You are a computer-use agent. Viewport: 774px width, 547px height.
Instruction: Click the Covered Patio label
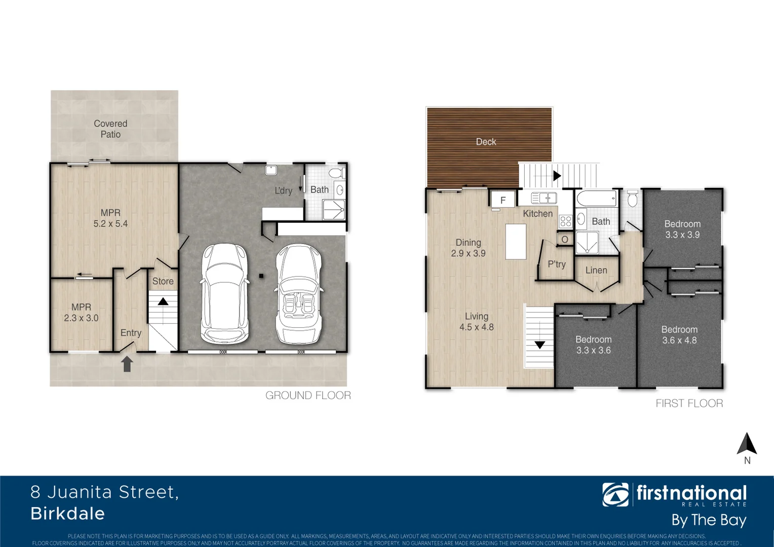pos(110,129)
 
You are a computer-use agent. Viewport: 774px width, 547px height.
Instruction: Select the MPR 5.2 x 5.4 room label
pos(110,218)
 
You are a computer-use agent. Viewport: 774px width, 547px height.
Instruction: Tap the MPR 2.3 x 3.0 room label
pos(81,312)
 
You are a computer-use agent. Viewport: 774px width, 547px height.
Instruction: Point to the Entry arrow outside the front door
pos(127,364)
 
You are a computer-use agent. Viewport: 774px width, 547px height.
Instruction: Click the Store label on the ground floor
pos(163,281)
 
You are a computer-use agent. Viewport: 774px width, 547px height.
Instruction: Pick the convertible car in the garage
pos(299,294)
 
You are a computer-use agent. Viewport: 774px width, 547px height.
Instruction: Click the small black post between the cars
pos(261,276)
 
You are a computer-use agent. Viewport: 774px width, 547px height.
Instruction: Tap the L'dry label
pos(283,190)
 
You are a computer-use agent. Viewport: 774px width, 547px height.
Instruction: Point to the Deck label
pos(486,142)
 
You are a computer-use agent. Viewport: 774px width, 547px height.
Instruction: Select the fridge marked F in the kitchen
pos(503,200)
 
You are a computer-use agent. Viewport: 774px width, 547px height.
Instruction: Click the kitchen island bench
pos(516,242)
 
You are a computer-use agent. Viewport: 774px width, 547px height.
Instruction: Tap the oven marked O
pos(565,239)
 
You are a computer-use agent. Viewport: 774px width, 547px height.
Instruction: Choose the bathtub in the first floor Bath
pos(596,198)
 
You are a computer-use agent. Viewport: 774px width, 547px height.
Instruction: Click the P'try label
pos(556,264)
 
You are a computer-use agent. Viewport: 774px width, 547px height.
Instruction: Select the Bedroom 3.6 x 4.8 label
pos(679,335)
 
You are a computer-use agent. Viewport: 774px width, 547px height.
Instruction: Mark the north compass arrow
pos(747,444)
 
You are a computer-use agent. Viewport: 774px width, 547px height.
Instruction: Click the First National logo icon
pos(615,494)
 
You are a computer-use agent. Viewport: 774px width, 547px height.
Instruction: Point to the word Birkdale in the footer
pos(68,514)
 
